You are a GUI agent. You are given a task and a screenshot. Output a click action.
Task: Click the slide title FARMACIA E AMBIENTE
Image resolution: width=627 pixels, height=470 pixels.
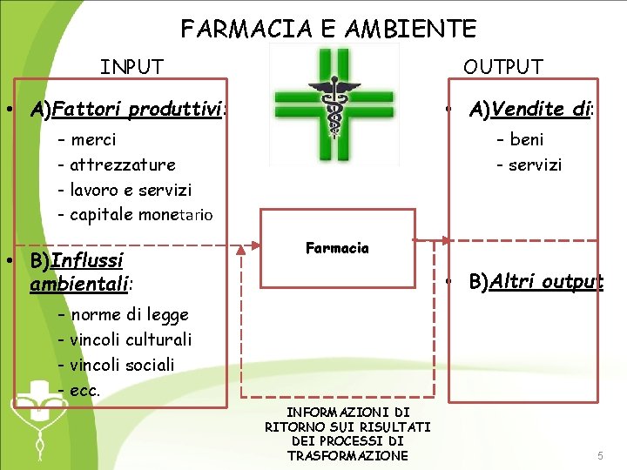(x=328, y=29)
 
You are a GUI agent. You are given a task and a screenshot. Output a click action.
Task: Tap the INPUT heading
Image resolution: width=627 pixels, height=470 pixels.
(x=131, y=67)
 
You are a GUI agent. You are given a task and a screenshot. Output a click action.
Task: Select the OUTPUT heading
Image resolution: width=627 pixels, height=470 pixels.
(x=502, y=67)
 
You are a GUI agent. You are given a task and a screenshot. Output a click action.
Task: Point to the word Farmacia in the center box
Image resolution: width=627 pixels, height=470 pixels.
(x=337, y=248)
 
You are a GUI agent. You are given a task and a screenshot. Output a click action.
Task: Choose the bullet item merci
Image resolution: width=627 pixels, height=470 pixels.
(x=93, y=139)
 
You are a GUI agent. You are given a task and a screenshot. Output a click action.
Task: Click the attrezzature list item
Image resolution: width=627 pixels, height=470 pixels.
(x=122, y=164)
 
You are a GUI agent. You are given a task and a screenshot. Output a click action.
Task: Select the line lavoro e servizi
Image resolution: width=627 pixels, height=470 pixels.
(x=131, y=190)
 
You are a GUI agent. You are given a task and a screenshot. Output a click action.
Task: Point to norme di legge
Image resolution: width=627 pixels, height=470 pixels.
(x=129, y=314)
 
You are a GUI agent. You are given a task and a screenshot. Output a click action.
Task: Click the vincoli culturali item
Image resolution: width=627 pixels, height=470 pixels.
(x=131, y=339)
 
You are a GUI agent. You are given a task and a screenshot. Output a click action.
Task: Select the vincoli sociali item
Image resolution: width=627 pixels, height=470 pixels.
(x=122, y=365)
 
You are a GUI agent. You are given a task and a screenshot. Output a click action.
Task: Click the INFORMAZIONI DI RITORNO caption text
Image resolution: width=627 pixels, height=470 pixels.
(x=347, y=433)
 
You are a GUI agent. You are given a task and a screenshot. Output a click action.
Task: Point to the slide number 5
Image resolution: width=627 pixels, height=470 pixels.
(x=599, y=456)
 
